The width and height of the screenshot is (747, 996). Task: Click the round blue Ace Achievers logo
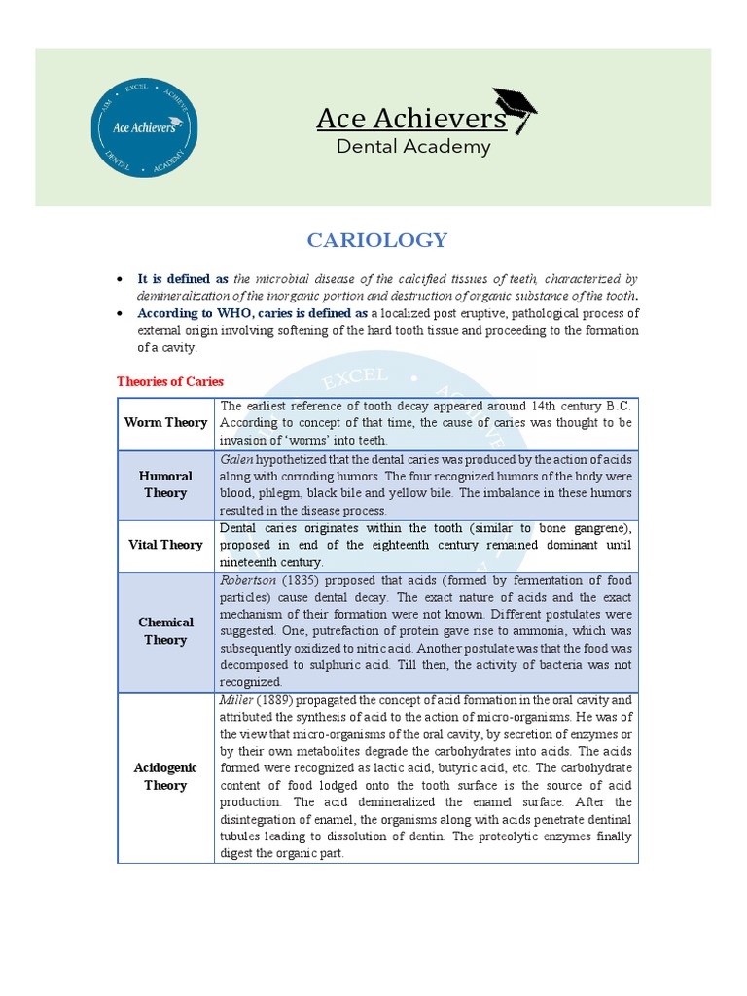(x=144, y=127)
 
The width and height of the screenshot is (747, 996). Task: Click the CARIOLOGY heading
(x=377, y=240)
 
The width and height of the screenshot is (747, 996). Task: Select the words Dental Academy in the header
(x=413, y=147)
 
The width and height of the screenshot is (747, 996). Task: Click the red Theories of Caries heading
(x=169, y=381)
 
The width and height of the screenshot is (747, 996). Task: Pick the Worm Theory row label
(x=165, y=422)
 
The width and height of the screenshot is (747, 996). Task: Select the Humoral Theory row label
(x=165, y=484)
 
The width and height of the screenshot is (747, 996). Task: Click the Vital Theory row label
(x=165, y=545)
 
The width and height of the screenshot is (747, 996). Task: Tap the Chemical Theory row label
(x=165, y=631)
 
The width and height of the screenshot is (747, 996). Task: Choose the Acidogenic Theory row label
(x=165, y=776)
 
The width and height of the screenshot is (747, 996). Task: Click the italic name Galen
(x=235, y=458)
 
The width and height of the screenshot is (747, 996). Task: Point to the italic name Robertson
(x=249, y=580)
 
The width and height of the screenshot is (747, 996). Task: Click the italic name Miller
(x=236, y=700)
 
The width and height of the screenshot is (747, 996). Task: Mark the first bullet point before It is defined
(x=119, y=279)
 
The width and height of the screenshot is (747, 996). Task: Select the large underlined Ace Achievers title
(x=410, y=119)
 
